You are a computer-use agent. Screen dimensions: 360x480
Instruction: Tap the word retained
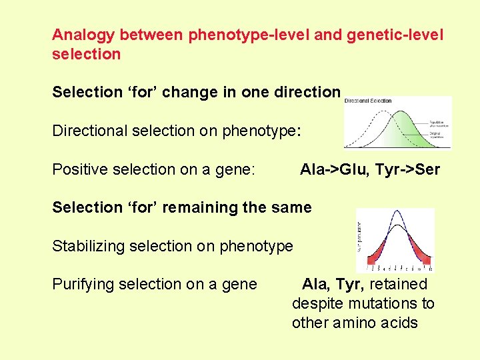pos(398,285)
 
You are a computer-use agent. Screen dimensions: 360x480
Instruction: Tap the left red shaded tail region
pos(371,253)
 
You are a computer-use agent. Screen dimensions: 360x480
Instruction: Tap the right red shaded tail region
pos(421,253)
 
